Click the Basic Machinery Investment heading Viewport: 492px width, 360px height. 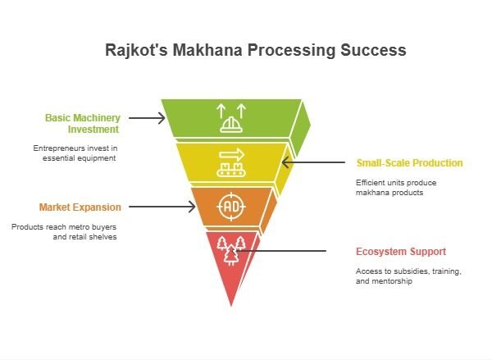(x=82, y=123)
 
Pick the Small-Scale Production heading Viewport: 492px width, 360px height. (x=408, y=163)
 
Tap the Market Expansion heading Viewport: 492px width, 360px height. (x=80, y=207)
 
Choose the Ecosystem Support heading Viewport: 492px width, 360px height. (x=401, y=252)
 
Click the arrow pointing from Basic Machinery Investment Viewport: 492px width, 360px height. (x=147, y=119)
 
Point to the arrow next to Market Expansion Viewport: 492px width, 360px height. (x=157, y=207)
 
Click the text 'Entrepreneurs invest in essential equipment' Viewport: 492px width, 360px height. (x=75, y=153)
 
